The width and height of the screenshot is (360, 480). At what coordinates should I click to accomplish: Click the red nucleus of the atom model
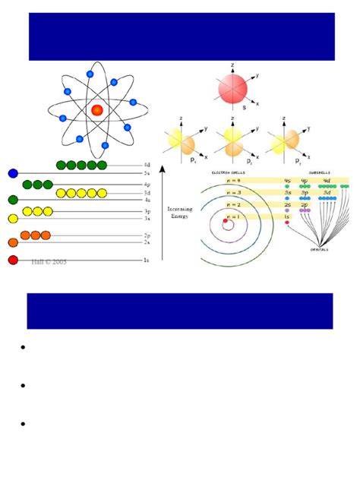point(97,110)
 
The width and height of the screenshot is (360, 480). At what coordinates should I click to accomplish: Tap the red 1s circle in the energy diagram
point(12,261)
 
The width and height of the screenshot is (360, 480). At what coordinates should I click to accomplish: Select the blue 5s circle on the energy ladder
point(12,174)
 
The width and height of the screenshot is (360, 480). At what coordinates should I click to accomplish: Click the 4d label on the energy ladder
point(147,165)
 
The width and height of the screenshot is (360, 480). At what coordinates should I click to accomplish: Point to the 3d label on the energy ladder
point(147,193)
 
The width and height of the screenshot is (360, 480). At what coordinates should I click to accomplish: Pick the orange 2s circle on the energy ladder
point(12,243)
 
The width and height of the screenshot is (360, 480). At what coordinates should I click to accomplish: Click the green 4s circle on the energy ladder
point(12,200)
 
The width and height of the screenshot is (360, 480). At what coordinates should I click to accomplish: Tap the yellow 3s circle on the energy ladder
point(12,219)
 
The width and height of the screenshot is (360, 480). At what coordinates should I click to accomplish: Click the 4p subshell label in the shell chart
point(308,181)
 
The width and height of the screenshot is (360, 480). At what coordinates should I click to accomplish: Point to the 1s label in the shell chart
point(288,216)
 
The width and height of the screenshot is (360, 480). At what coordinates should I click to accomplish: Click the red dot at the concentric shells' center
point(226,221)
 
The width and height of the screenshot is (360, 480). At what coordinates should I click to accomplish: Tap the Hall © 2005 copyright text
point(49,261)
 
